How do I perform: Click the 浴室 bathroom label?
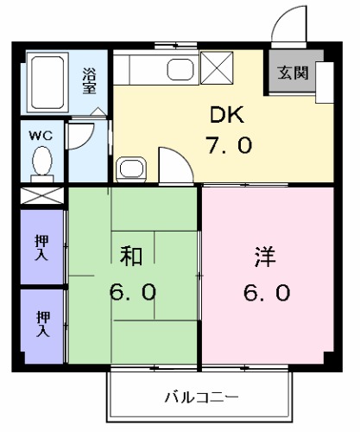click(89, 81)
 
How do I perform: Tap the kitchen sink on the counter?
click(181, 72)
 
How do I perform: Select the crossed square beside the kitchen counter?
click(216, 67)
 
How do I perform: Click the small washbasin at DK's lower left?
click(130, 168)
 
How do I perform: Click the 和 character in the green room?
click(131, 257)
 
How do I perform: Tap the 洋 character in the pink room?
click(264, 257)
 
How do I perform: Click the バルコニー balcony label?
click(201, 397)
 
